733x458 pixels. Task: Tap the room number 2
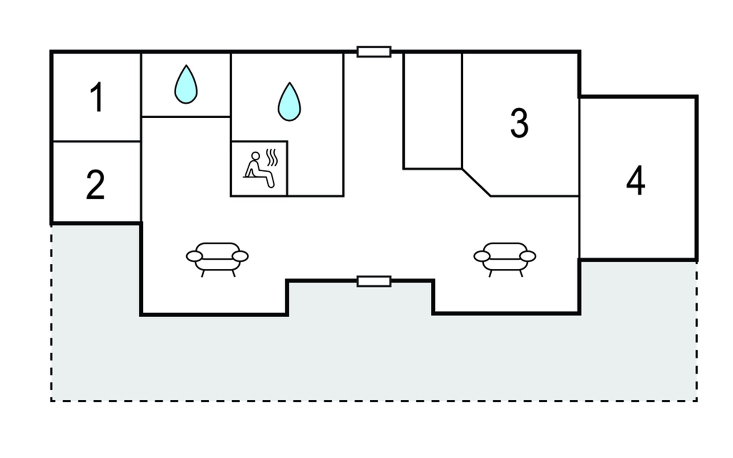tap(95, 185)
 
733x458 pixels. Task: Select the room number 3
tap(520, 123)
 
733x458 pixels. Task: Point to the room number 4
tap(636, 181)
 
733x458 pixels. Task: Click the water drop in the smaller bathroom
tap(186, 84)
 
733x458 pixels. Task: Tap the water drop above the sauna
tap(289, 102)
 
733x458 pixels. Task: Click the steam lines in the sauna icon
tap(272, 157)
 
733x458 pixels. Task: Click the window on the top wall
tap(374, 52)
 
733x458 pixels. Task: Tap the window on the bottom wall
tap(374, 281)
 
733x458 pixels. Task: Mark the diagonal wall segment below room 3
tap(476, 182)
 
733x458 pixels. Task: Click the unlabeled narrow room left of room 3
tap(433, 111)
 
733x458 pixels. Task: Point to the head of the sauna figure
tap(255, 156)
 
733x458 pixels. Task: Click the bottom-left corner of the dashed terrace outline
tap(51, 401)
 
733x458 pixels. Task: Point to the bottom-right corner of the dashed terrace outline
tap(697, 401)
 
